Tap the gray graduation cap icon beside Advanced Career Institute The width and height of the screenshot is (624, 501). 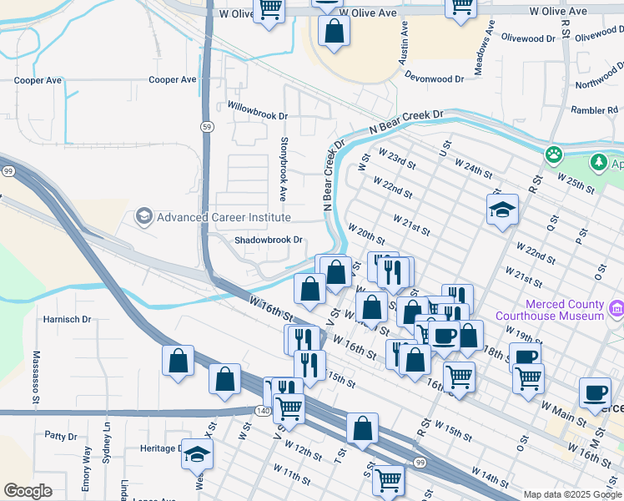click(143, 218)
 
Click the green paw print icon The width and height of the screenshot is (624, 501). click(552, 154)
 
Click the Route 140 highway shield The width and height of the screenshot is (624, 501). click(263, 410)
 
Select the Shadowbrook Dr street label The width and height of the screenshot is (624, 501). click(268, 240)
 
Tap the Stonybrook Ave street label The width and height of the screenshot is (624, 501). click(284, 170)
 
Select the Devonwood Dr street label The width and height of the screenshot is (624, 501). click(434, 78)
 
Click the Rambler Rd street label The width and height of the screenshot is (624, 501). click(593, 110)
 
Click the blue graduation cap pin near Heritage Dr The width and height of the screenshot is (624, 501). click(197, 453)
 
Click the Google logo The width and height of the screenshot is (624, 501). click(28, 491)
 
